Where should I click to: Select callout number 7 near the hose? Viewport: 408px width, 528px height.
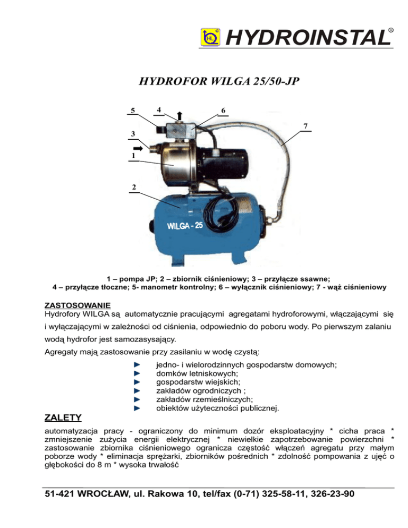(305, 125)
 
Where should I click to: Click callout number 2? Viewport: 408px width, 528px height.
(133, 188)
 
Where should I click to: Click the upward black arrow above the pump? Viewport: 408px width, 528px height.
(180, 116)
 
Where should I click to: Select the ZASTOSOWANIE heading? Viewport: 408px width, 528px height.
(76, 306)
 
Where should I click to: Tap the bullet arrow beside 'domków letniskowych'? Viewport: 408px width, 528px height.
(137, 373)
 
